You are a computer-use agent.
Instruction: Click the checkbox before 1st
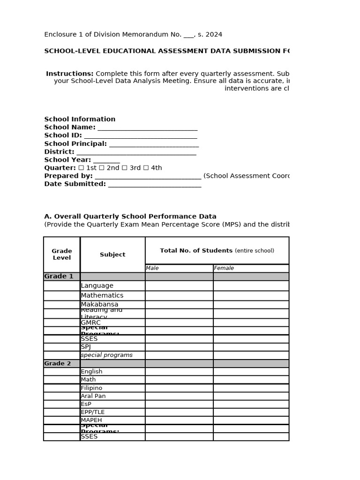[x=81, y=168]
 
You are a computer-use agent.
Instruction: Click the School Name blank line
[x=147, y=127]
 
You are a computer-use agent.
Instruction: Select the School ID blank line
[x=140, y=135]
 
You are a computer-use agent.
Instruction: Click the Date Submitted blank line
[x=154, y=184]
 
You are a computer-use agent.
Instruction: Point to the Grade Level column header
[x=62, y=255]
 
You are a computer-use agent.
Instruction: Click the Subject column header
[x=112, y=255]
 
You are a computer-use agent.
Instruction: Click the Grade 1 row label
[x=59, y=277]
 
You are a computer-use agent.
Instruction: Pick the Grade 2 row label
[x=58, y=363]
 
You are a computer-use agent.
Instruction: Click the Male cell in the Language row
[x=179, y=285]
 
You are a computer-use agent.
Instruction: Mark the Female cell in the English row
[x=251, y=371]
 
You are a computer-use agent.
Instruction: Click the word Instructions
[x=70, y=74]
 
